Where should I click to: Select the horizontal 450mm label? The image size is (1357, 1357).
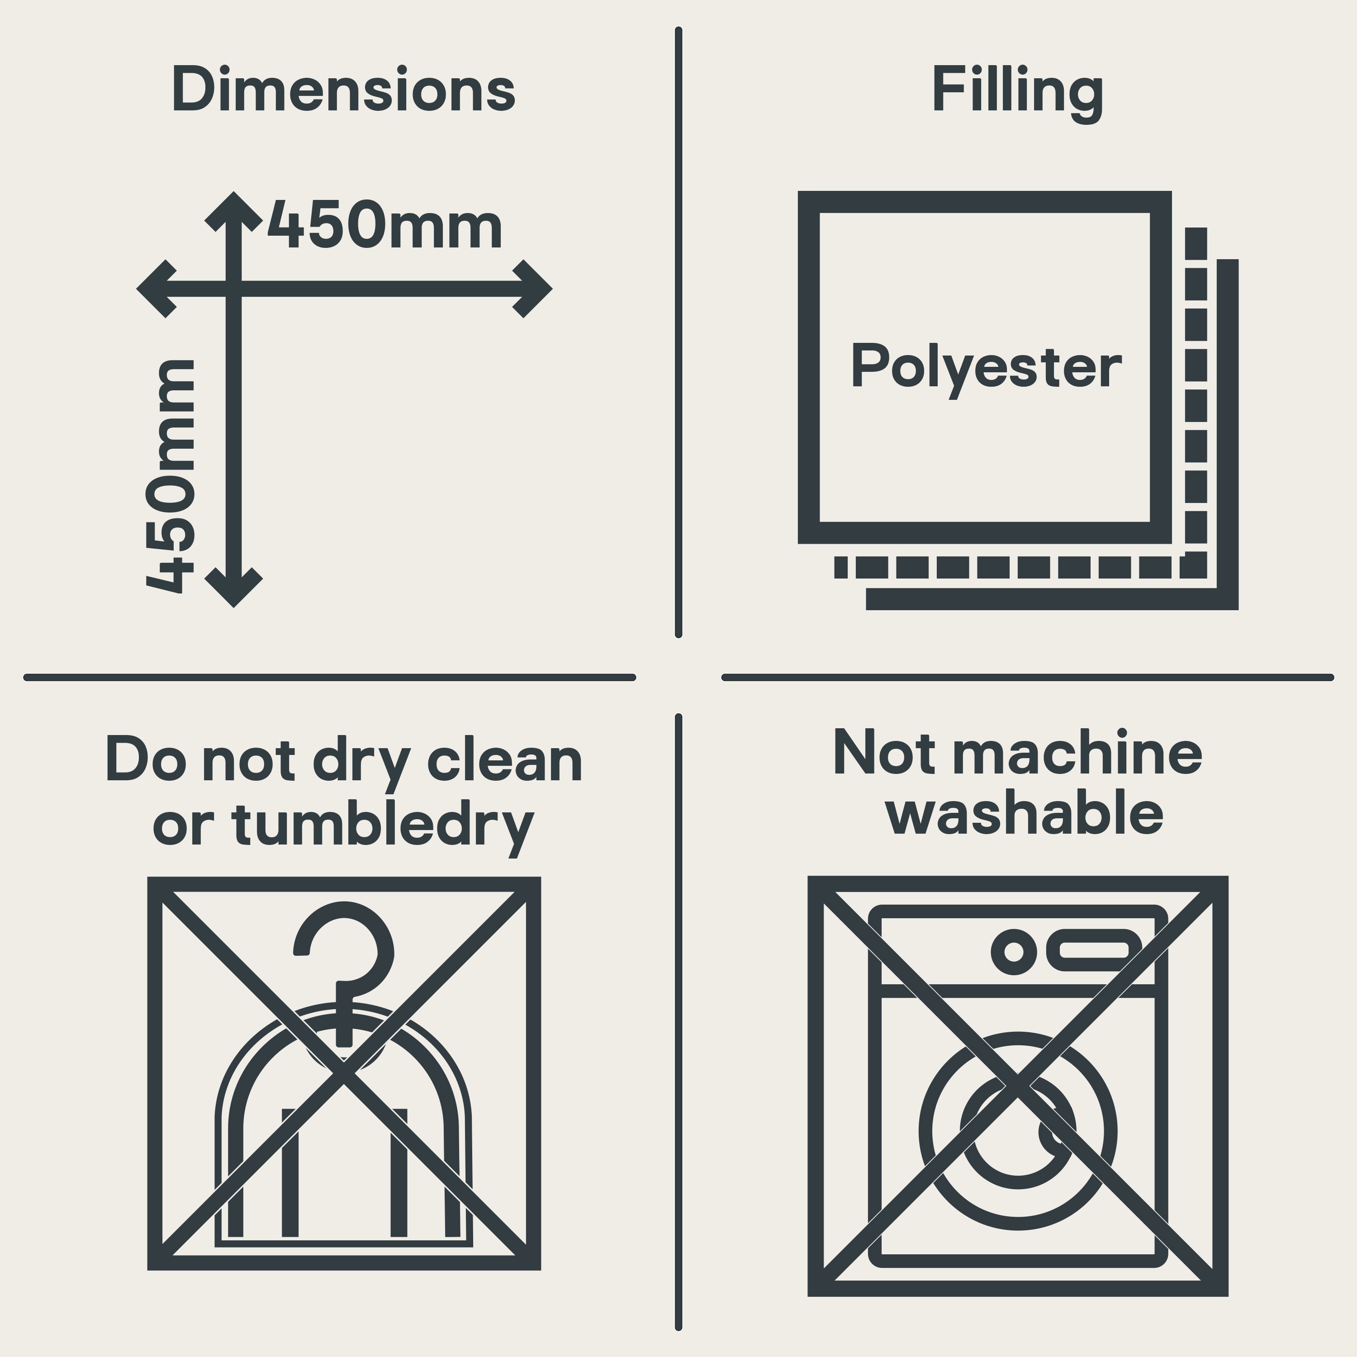tap(385, 225)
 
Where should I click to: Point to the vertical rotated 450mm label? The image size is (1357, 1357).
tap(169, 477)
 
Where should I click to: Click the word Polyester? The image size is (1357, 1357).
tap(986, 368)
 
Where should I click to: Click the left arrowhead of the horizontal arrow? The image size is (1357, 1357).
tap(155, 289)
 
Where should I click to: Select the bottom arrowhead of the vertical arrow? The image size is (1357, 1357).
tap(234, 588)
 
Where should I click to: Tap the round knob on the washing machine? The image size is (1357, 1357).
tap(1014, 952)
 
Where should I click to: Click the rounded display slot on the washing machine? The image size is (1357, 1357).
tap(1094, 951)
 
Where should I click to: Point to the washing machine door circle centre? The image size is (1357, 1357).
tap(1018, 1132)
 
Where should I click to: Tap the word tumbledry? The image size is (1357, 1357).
tap(384, 826)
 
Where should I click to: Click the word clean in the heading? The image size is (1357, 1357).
tap(505, 761)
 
